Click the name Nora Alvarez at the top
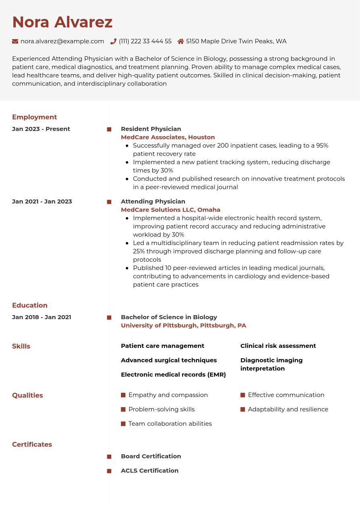tap(62, 22)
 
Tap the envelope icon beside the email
tap(15, 41)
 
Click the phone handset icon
tap(113, 41)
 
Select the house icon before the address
tap(181, 41)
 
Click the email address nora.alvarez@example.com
tap(62, 41)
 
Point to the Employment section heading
tap(34, 117)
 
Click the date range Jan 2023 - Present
tap(41, 129)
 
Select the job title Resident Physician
tap(151, 129)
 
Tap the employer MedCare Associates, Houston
tap(168, 137)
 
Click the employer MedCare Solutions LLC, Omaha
tap(171, 210)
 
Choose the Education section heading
tap(30, 305)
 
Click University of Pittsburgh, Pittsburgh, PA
tap(183, 326)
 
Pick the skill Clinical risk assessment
tap(278, 346)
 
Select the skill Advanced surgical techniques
tap(169, 360)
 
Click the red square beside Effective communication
tap(243, 395)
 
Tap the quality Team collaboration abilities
tap(170, 424)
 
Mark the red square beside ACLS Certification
tap(109, 471)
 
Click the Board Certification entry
tap(151, 456)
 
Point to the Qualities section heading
tap(27, 395)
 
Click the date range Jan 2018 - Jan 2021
tap(42, 317)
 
